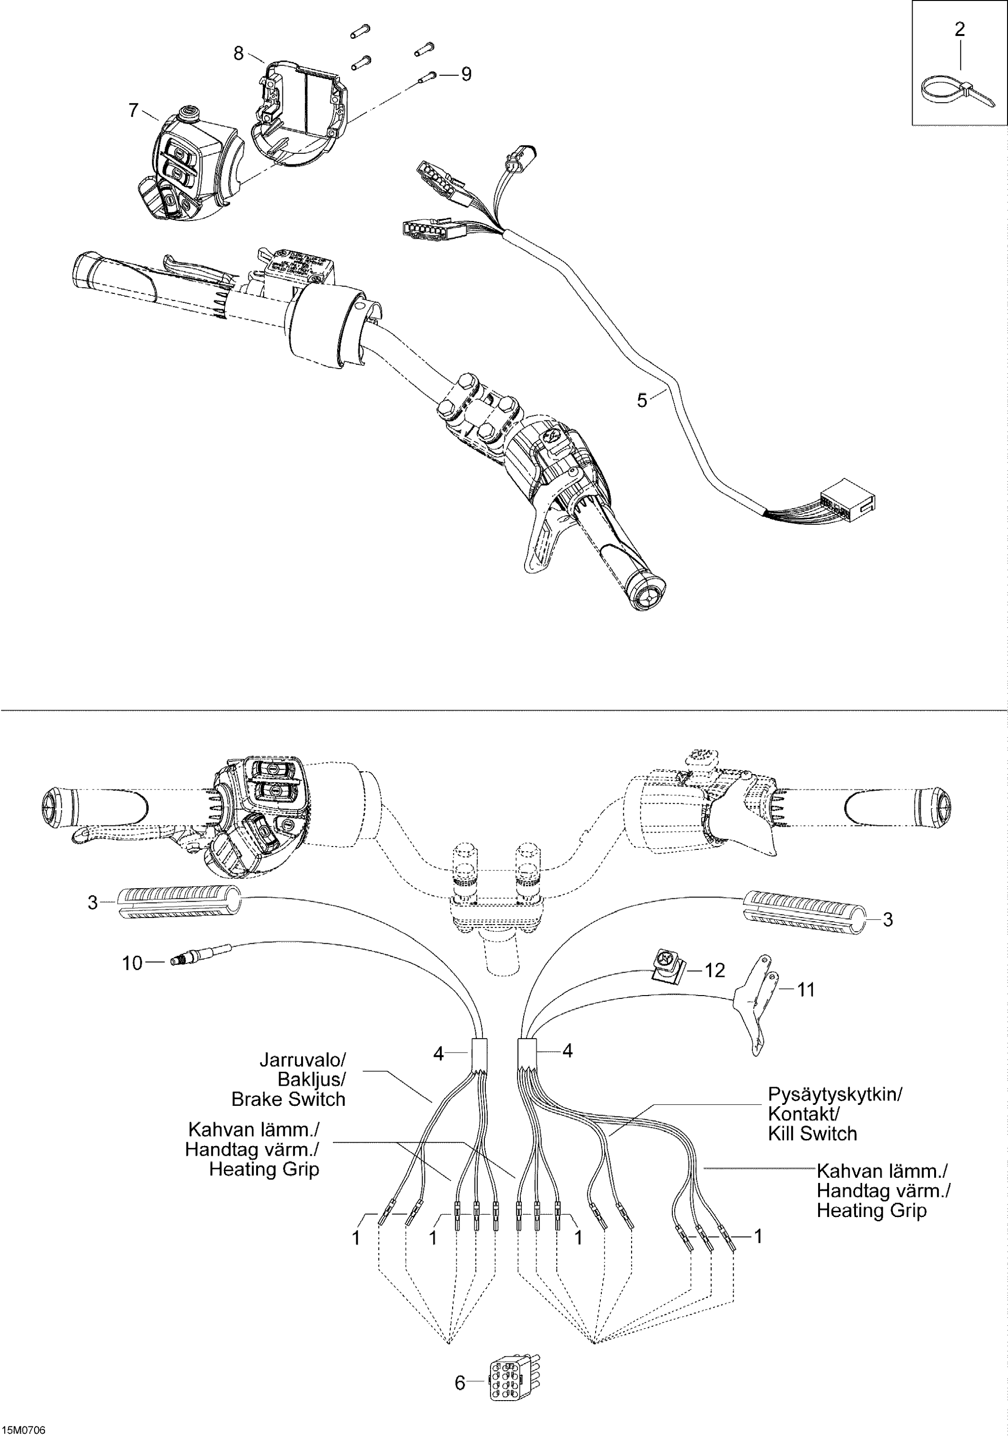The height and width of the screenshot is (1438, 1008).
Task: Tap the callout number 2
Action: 959,29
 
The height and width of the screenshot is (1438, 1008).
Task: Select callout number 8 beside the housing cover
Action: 238,54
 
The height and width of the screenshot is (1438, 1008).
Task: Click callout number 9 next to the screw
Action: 466,74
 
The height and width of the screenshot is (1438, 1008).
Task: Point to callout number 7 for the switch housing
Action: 133,111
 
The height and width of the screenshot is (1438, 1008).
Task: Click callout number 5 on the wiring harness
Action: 642,400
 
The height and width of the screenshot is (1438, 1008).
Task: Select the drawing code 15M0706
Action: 24,1430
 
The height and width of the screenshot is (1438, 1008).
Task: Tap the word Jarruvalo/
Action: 303,1060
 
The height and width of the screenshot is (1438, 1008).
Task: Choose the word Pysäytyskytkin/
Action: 834,1094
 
